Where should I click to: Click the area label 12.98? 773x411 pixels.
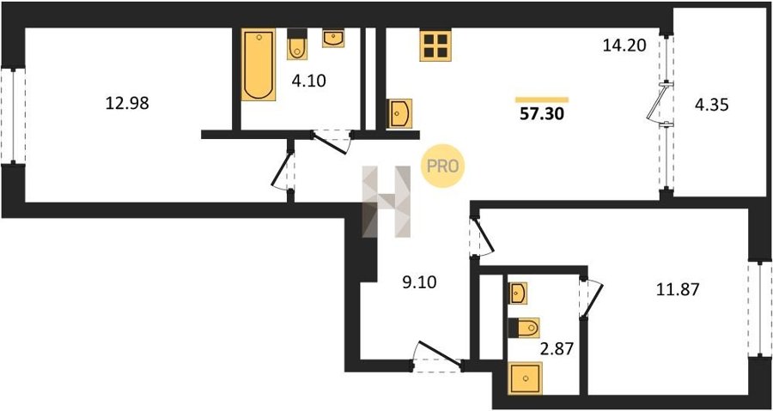pyautogui.click(x=127, y=103)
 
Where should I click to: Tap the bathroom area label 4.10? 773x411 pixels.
pyautogui.click(x=308, y=81)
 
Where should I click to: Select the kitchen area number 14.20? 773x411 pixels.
pyautogui.click(x=624, y=45)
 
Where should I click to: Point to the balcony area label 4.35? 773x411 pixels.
pyautogui.click(x=711, y=105)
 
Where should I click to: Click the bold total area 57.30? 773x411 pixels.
pyautogui.click(x=541, y=114)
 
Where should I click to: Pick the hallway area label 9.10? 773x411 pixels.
pyautogui.click(x=419, y=282)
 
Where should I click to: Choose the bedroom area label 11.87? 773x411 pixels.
pyautogui.click(x=678, y=290)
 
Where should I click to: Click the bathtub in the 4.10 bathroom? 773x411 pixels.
pyautogui.click(x=259, y=64)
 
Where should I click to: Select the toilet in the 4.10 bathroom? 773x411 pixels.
pyautogui.click(x=297, y=45)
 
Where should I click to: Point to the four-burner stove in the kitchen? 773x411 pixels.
pyautogui.click(x=435, y=45)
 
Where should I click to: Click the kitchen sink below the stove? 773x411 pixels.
pyautogui.click(x=399, y=114)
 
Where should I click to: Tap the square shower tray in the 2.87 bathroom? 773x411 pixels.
pyautogui.click(x=526, y=378)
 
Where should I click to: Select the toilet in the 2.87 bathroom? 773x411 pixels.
pyautogui.click(x=524, y=328)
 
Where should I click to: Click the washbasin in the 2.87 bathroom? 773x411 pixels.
pyautogui.click(x=518, y=293)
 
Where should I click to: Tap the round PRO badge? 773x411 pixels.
pyautogui.click(x=442, y=166)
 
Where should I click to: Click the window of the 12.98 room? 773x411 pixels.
pyautogui.click(x=13, y=116)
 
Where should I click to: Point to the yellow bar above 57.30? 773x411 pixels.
pyautogui.click(x=542, y=100)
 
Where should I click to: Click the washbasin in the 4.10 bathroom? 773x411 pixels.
pyautogui.click(x=334, y=39)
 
